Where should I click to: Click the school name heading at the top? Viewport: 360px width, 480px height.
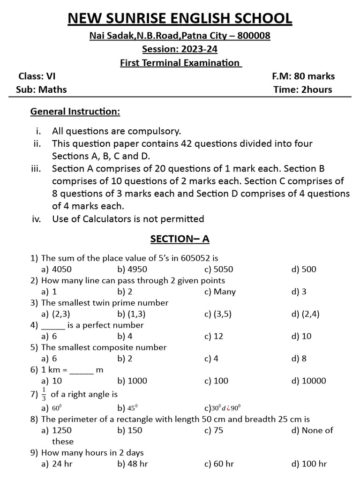180,19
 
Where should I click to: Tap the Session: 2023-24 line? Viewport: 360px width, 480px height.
180,49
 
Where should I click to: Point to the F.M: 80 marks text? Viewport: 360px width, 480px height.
303,76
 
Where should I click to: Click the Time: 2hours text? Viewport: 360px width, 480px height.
303,90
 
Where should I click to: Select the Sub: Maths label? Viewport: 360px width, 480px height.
41,90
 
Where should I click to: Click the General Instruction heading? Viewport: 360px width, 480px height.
75,112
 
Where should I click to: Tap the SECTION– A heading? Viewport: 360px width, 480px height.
180,239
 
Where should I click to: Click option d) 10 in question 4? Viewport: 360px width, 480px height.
301,336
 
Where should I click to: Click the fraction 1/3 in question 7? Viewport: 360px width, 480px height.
44,394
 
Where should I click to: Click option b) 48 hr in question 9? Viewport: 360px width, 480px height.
133,464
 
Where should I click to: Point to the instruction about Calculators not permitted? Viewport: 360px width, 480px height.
128,218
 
